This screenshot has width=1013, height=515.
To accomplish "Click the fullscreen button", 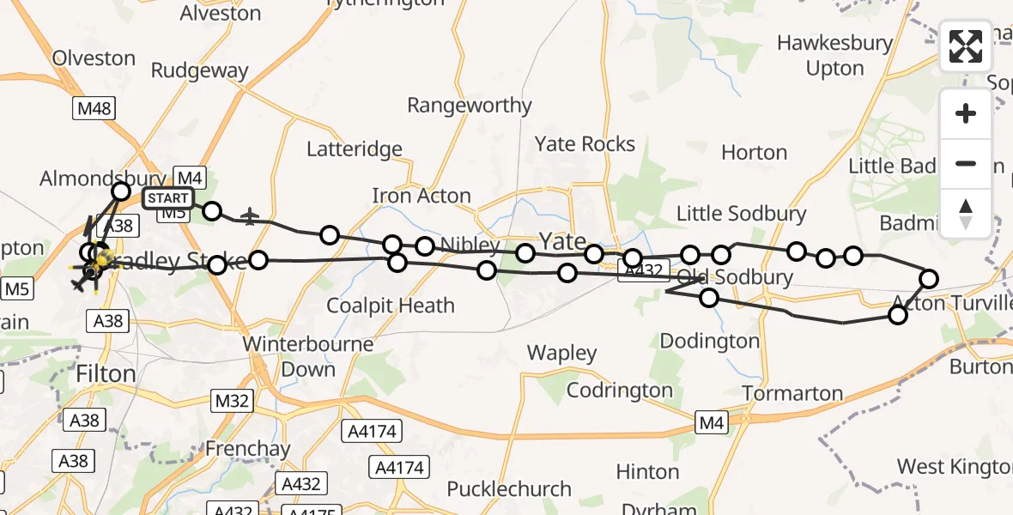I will tap(966, 46).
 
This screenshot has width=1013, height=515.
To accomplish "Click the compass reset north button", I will tap(966, 213).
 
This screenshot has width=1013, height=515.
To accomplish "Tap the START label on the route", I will tap(167, 199).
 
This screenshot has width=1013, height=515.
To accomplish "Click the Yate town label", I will tap(562, 242).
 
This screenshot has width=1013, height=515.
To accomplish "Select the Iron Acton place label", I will tap(422, 196).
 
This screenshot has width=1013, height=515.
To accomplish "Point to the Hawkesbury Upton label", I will tap(834, 56).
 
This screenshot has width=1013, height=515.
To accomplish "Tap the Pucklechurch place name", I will tap(509, 489).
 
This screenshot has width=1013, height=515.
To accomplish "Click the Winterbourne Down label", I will tap(308, 357).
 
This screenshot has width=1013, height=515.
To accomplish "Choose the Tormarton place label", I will tap(792, 394).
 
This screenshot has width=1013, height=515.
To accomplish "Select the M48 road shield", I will tap(94, 108).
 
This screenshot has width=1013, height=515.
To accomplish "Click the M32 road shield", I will tap(231, 400).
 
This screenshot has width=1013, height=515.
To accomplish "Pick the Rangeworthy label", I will tap(469, 106).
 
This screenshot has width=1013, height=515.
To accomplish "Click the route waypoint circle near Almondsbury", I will tap(121, 191).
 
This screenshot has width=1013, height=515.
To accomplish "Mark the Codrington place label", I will tap(620, 391).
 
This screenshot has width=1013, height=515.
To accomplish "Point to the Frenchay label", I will tap(247, 449).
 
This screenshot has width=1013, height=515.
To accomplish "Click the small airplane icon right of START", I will tap(250, 216).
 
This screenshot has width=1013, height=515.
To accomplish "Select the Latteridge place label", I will tap(355, 149).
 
